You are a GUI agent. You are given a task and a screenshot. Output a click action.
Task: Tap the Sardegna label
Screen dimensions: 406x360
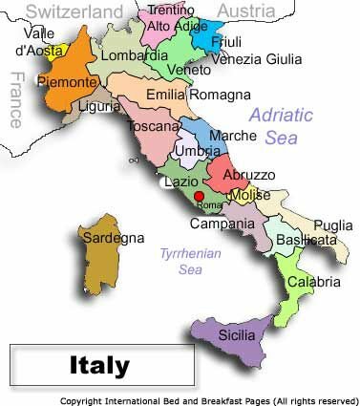114,237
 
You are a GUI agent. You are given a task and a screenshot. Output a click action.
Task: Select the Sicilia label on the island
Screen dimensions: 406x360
236,335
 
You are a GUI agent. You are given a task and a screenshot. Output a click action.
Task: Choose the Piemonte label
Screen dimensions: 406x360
67,82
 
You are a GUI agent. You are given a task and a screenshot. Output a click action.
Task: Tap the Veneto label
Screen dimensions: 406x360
189,70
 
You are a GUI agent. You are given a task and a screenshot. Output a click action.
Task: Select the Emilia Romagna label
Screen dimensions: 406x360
199,95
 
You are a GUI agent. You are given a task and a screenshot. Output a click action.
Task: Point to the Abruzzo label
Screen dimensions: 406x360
249,176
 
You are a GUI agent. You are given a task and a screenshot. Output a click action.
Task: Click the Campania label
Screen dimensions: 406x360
222,224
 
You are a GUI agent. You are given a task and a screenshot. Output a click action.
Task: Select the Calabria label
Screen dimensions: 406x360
314,282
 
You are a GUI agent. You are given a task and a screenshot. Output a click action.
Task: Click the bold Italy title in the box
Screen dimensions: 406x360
99,365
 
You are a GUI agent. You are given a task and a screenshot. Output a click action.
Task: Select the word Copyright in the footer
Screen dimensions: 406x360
84,400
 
